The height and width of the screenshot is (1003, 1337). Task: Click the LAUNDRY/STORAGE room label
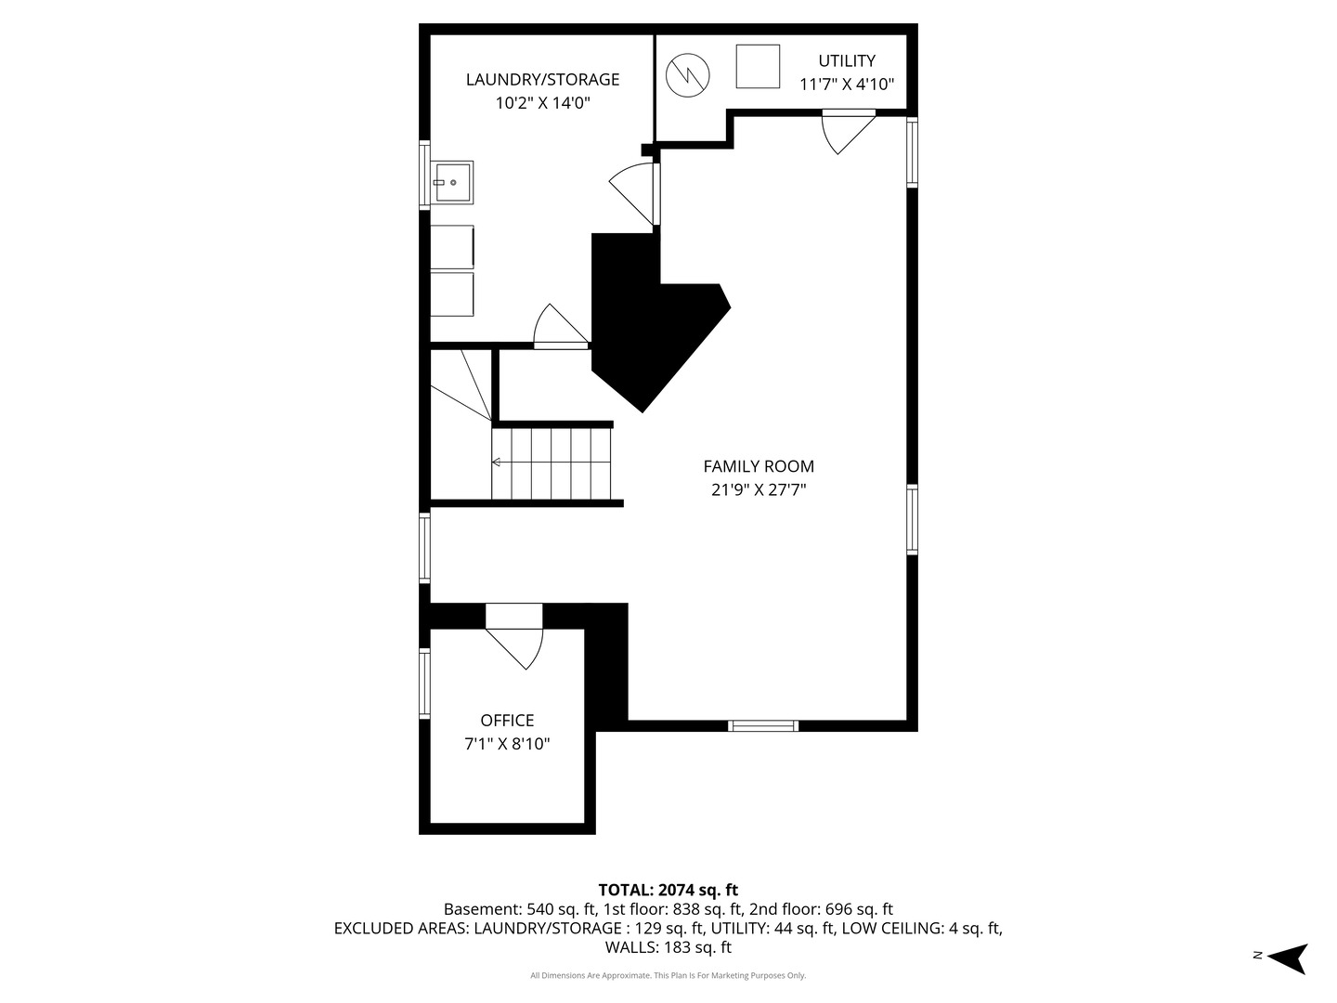(x=542, y=80)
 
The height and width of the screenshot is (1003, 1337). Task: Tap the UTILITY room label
(x=846, y=61)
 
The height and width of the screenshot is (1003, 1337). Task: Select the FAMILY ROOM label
(x=758, y=466)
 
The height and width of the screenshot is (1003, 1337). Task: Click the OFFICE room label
(x=507, y=721)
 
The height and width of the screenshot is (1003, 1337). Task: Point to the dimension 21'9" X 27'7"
(x=758, y=490)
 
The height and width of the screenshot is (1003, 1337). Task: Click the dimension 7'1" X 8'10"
(x=507, y=744)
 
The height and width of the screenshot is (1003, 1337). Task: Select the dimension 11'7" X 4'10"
(x=846, y=85)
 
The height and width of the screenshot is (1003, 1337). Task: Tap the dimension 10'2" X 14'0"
(x=542, y=103)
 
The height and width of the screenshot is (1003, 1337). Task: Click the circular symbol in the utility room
(x=688, y=73)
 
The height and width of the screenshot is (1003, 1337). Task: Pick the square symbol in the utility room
(x=758, y=66)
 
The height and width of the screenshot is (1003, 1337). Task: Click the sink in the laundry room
(x=452, y=183)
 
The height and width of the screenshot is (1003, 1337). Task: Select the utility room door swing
(x=847, y=131)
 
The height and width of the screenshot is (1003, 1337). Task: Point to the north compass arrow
(x=1288, y=957)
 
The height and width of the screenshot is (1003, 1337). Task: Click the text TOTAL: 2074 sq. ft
(x=668, y=890)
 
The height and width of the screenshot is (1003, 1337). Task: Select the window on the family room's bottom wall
(x=762, y=725)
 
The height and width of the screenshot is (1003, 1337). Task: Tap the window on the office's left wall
(x=425, y=684)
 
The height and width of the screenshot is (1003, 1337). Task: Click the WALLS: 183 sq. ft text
(x=668, y=947)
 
